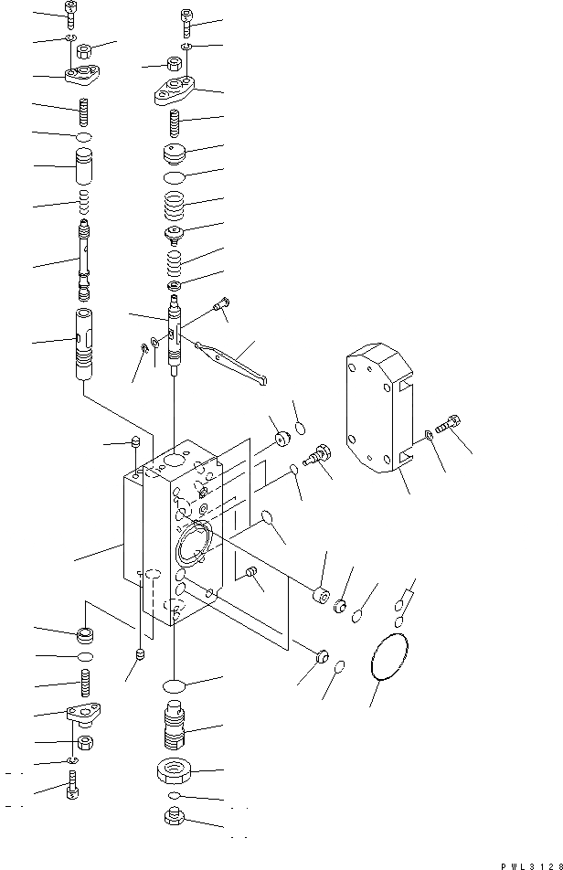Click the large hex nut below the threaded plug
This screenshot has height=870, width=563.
174,772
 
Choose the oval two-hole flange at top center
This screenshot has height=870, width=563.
176,90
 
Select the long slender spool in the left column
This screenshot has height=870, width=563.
85,261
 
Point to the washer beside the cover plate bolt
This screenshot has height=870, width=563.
430,436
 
